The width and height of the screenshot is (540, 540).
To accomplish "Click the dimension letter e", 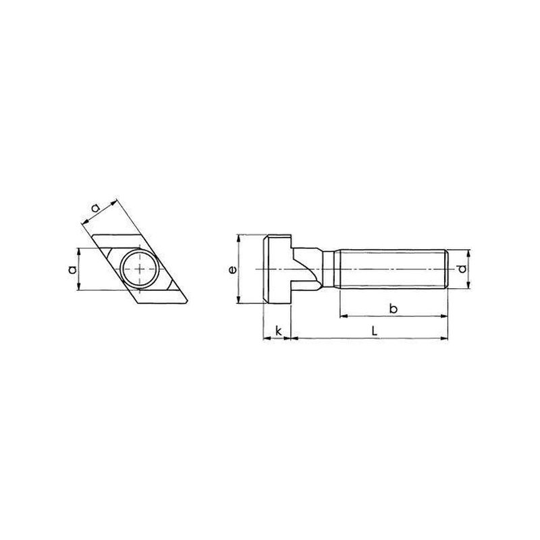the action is click(233, 269).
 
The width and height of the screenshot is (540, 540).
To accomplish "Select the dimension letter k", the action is click(279, 331).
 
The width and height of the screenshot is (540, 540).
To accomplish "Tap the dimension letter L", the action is click(375, 331).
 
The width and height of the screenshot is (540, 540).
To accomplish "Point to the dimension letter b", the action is click(393, 308).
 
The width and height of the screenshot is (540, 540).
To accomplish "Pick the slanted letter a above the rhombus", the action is click(95, 208).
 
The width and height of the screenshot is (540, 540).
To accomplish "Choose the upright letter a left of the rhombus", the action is click(72, 269).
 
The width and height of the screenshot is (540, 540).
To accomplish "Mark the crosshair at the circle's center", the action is click(140, 269).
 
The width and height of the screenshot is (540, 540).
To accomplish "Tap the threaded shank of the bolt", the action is click(392, 269).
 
